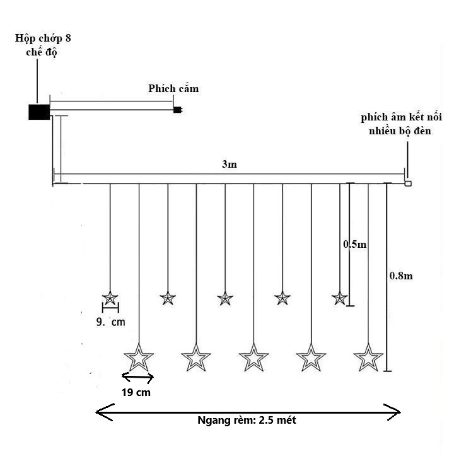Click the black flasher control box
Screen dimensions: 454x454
[39, 112]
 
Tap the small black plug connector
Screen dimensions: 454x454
[177, 110]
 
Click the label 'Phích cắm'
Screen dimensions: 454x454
[173, 89]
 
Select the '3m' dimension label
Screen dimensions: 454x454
[230, 164]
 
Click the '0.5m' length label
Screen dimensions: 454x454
[354, 245]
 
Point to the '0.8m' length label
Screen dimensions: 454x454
[401, 276]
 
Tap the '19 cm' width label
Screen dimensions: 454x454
[136, 393]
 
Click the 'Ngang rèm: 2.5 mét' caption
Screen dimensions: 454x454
[247, 420]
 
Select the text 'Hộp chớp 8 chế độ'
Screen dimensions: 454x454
[43, 45]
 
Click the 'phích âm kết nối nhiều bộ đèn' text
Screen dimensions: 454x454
[401, 124]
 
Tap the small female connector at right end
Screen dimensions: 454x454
[408, 183]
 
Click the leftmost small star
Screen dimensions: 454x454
[110, 298]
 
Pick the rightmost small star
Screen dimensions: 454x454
[340, 298]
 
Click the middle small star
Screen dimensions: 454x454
[225, 298]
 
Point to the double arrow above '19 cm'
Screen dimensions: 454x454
[137, 377]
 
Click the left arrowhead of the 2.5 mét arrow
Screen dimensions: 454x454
[105, 412]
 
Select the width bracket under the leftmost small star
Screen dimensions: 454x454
[110, 308]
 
